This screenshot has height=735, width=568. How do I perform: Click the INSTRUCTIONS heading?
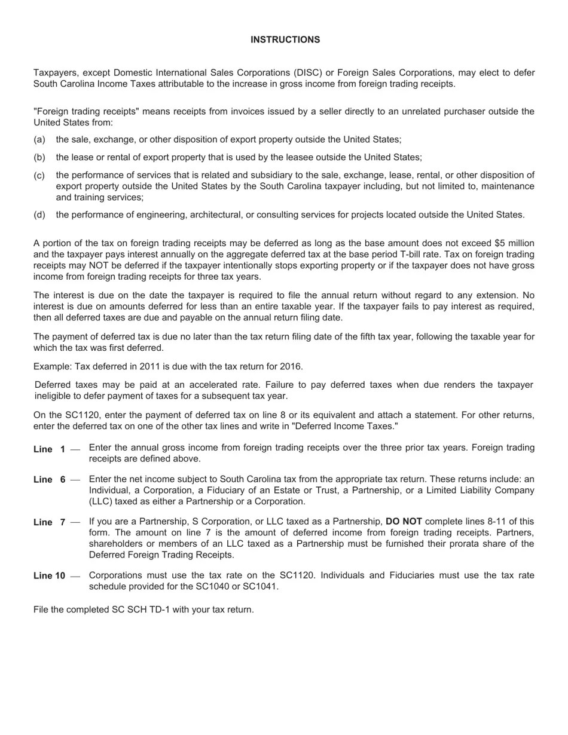coord(285,39)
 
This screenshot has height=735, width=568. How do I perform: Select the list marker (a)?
coord(39,139)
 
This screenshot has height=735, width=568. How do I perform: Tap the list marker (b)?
coord(39,157)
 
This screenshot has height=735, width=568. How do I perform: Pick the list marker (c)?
coord(39,175)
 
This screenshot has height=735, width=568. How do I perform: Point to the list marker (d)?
coord(39,215)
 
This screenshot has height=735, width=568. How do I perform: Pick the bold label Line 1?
coord(50,449)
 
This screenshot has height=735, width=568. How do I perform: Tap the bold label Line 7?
coord(50,522)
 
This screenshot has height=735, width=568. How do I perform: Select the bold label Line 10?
coord(50,576)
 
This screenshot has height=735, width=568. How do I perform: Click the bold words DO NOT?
coord(404,522)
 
